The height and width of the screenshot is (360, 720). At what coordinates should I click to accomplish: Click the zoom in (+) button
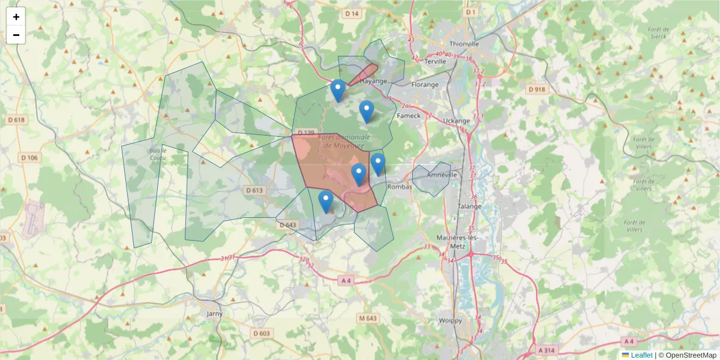pyautogui.click(x=16, y=17)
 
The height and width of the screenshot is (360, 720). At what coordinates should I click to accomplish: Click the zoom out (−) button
pyautogui.click(x=16, y=35)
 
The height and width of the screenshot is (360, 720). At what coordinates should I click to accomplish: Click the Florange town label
pyautogui.click(x=425, y=85)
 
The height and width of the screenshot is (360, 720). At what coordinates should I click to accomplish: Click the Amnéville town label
pyautogui.click(x=443, y=175)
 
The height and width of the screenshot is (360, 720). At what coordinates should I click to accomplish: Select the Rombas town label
pyautogui.click(x=400, y=187)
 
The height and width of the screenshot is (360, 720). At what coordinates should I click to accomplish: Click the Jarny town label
pyautogui.click(x=214, y=314)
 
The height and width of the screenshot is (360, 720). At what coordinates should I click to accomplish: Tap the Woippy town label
pyautogui.click(x=451, y=320)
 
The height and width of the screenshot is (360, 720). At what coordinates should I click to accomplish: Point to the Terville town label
pyautogui.click(x=436, y=61)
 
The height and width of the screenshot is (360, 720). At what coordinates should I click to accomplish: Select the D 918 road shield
pyautogui.click(x=538, y=89)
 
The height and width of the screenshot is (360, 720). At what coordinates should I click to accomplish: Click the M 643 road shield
pyautogui.click(x=370, y=317)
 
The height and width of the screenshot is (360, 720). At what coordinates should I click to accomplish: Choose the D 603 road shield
pyautogui.click(x=262, y=333)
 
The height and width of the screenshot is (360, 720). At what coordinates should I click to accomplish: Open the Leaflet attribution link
pyautogui.click(x=641, y=355)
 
